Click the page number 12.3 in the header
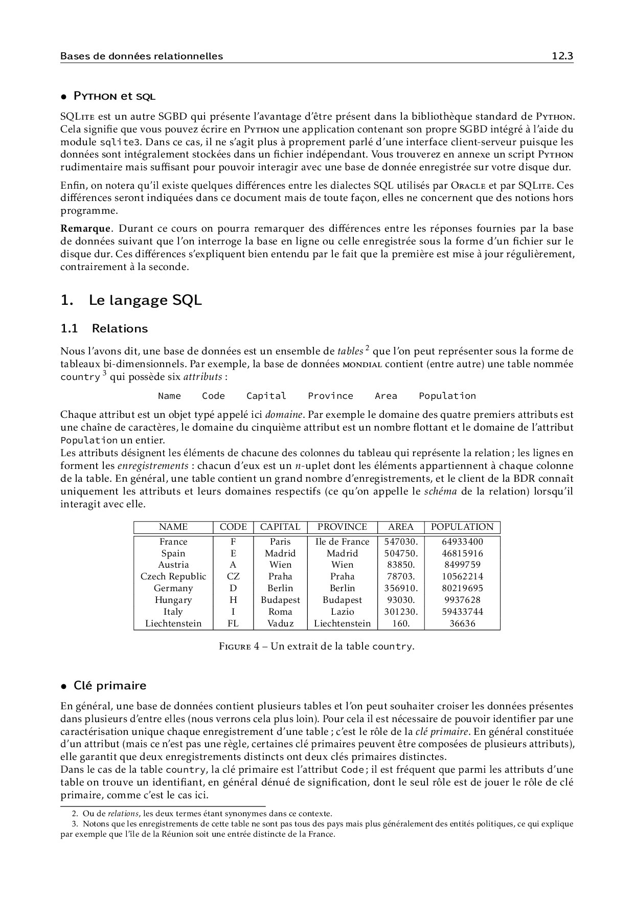point(562,56)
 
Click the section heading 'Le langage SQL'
point(145,300)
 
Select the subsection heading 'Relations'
point(120,329)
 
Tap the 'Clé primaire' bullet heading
point(109,686)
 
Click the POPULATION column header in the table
point(462,527)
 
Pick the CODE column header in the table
point(233,527)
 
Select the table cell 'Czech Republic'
point(173,576)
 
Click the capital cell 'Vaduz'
point(280,623)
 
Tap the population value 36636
point(462,623)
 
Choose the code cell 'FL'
point(233,623)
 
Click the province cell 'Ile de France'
point(342,542)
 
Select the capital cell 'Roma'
point(280,612)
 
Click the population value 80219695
point(462,588)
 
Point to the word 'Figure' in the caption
point(235,646)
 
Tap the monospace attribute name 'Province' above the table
point(330,396)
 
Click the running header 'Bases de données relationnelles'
point(142,56)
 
